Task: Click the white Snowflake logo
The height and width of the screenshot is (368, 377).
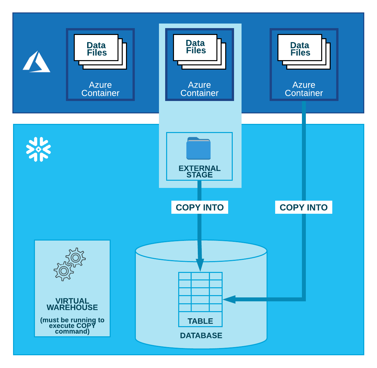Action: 39,149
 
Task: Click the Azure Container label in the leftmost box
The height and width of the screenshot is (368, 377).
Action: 100,89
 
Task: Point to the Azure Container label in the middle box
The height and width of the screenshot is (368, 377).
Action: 199,89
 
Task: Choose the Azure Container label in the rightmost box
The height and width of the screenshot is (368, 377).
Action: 304,89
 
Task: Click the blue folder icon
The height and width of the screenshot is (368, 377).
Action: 198,148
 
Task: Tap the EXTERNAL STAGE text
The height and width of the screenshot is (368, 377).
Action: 199,171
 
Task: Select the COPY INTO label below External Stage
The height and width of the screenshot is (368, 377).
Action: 200,208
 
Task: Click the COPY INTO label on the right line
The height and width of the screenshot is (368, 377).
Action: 304,208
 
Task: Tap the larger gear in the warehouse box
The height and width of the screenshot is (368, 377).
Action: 64,271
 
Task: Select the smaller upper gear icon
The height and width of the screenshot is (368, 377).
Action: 76,258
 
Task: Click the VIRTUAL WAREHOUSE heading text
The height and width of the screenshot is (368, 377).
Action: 72,304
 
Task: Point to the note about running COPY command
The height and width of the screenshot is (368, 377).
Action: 72,326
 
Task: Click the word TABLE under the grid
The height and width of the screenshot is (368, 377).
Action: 200,321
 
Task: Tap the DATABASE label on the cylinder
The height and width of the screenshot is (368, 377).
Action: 201,336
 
